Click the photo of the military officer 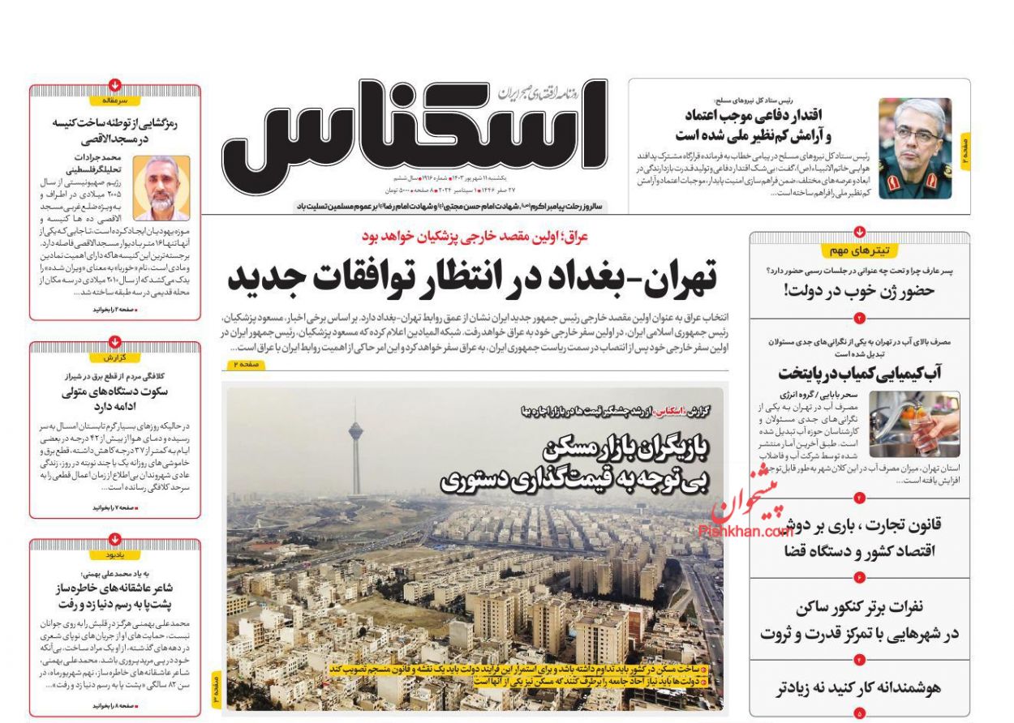914,148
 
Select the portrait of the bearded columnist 161,188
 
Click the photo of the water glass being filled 914,424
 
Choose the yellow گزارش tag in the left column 115,357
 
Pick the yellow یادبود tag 115,555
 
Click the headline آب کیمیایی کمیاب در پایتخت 859,374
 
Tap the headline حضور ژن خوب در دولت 860,291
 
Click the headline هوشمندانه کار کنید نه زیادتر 859,688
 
